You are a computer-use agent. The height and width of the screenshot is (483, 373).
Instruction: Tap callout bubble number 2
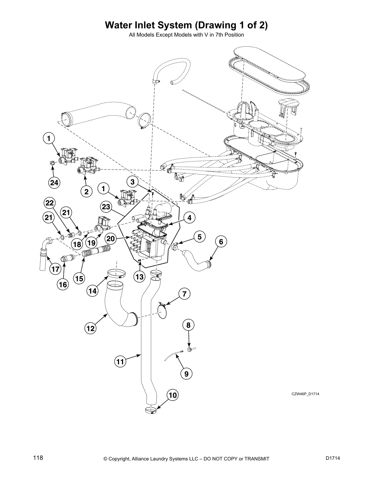[87, 191]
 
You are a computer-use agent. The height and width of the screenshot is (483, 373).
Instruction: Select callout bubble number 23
[106, 207]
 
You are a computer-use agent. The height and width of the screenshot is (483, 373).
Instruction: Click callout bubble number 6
[221, 242]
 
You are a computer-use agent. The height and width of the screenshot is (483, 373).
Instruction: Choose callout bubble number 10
[172, 395]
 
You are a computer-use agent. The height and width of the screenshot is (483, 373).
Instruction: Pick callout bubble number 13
[139, 277]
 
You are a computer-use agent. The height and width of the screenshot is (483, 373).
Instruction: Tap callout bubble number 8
[188, 325]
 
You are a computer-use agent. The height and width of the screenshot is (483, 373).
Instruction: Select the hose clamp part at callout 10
[151, 410]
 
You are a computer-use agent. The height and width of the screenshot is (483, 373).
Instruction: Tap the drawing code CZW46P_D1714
[305, 394]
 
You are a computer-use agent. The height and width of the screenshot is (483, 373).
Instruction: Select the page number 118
[38, 458]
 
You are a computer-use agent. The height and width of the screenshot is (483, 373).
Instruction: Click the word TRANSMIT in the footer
[254, 459]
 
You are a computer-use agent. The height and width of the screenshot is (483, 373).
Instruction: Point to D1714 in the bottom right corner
[332, 458]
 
